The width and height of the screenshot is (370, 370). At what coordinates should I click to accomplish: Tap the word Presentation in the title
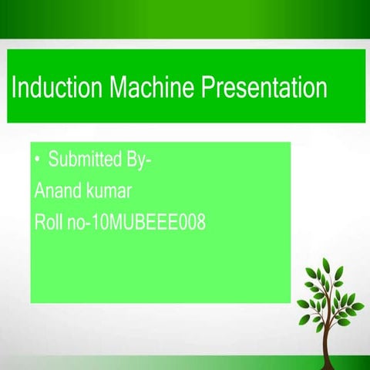pyautogui.click(x=264, y=87)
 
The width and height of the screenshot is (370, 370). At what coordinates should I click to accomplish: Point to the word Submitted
pyautogui.click(x=84, y=161)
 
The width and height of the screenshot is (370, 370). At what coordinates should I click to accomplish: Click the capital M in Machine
pyautogui.click(x=109, y=87)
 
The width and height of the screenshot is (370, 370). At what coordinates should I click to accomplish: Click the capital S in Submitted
pyautogui.click(x=53, y=161)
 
